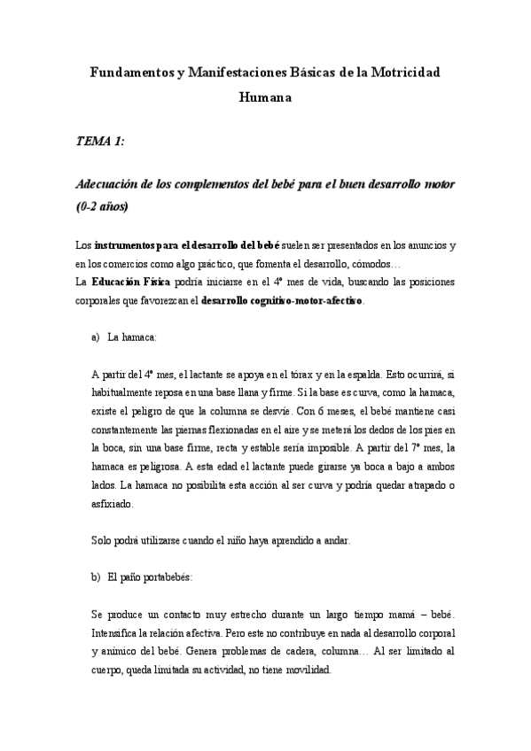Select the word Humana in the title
click(x=265, y=98)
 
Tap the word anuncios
click(x=422, y=244)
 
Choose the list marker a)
click(x=96, y=337)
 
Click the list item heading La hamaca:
click(x=133, y=337)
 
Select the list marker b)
click(x=96, y=577)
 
